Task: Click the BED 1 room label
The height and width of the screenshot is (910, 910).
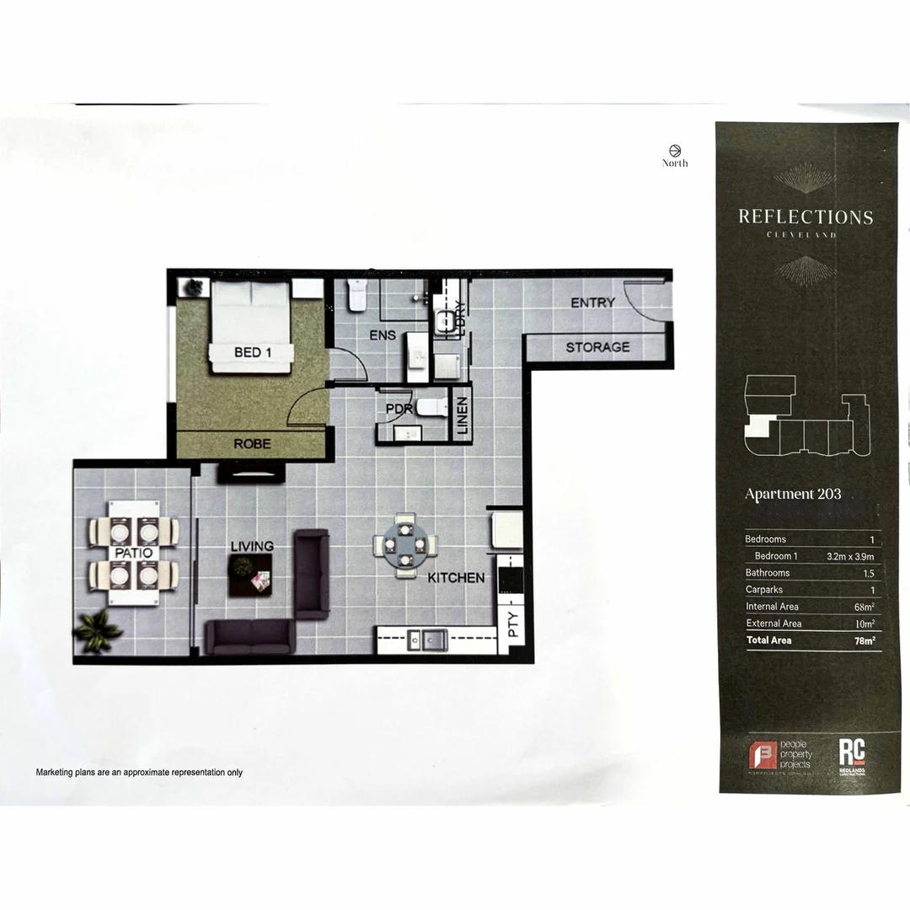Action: click(252, 352)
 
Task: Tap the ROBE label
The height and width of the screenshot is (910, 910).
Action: click(252, 443)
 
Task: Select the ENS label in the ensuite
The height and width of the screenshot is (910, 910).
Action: click(383, 335)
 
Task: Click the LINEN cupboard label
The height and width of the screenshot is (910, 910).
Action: click(463, 415)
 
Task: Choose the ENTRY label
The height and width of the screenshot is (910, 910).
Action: click(592, 302)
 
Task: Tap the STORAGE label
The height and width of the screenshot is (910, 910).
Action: click(597, 347)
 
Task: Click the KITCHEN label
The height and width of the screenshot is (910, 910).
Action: click(456, 578)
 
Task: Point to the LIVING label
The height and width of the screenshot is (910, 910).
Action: click(252, 546)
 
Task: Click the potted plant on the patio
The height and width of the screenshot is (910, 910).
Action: click(98, 630)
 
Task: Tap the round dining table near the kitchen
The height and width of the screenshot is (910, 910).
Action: click(406, 546)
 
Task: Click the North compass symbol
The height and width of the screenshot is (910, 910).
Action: click(674, 150)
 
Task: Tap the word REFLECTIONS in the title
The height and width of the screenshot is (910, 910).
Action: click(806, 217)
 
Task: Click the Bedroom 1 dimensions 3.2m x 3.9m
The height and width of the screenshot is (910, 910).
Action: click(851, 556)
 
